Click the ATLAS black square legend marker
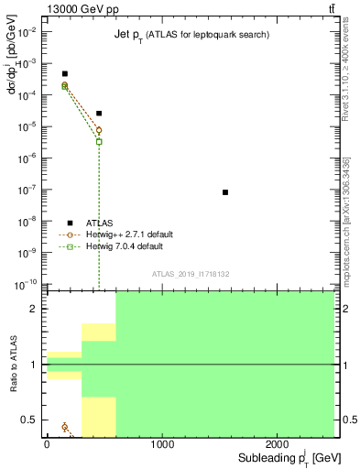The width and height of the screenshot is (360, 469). click(x=70, y=223)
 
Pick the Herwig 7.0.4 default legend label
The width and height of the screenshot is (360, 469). click(x=125, y=246)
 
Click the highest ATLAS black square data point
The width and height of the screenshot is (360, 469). click(x=64, y=73)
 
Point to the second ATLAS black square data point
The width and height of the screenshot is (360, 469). click(x=99, y=114)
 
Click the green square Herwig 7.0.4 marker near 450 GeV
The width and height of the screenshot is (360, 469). click(x=99, y=141)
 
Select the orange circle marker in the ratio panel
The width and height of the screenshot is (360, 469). click(x=65, y=427)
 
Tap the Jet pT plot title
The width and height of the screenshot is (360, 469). click(x=198, y=34)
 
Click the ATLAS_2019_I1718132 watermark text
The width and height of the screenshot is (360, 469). click(x=190, y=273)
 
